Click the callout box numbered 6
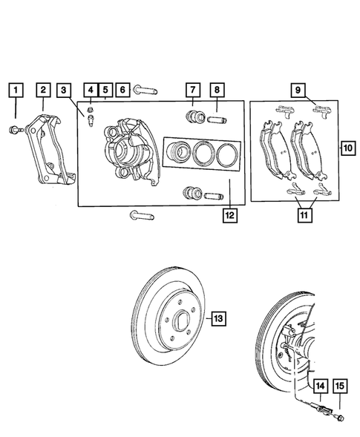[x=122, y=91]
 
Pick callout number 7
[x=192, y=91]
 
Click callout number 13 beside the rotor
[x=218, y=318]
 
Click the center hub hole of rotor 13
[x=179, y=323]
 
